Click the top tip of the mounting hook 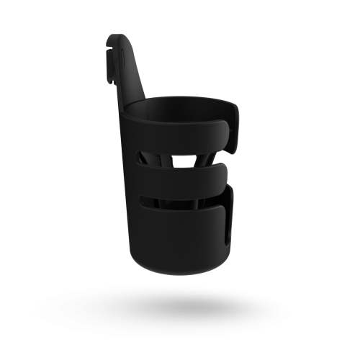point(117,37)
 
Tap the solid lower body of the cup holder point(180,238)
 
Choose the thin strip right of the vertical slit point(232,220)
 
